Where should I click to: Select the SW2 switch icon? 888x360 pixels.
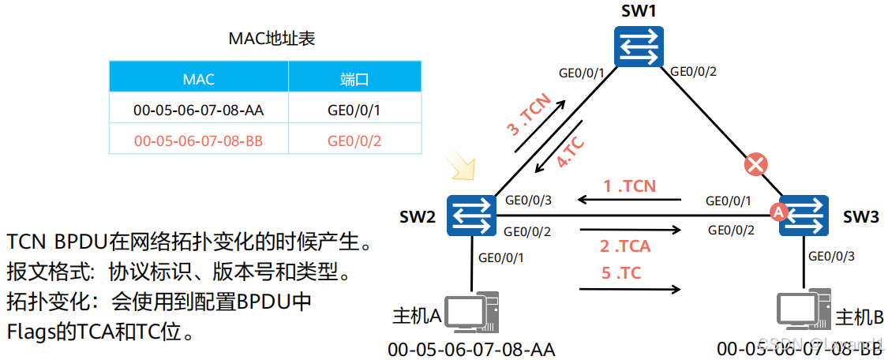[470, 215]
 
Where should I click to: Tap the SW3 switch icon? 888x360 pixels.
[804, 215]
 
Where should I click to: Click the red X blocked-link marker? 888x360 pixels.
[756, 165]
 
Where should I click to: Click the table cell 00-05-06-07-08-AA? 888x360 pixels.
[199, 110]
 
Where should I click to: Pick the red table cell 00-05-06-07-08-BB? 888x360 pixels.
[199, 141]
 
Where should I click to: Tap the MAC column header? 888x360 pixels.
[199, 79]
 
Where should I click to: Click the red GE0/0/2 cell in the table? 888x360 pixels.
[354, 141]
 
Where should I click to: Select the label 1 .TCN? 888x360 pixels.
[629, 186]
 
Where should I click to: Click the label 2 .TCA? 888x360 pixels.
[625, 246]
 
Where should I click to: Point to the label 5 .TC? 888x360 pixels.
[620, 273]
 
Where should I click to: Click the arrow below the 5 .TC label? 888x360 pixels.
[629, 290]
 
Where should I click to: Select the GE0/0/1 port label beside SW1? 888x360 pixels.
[582, 73]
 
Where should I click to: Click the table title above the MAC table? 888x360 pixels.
[272, 38]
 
